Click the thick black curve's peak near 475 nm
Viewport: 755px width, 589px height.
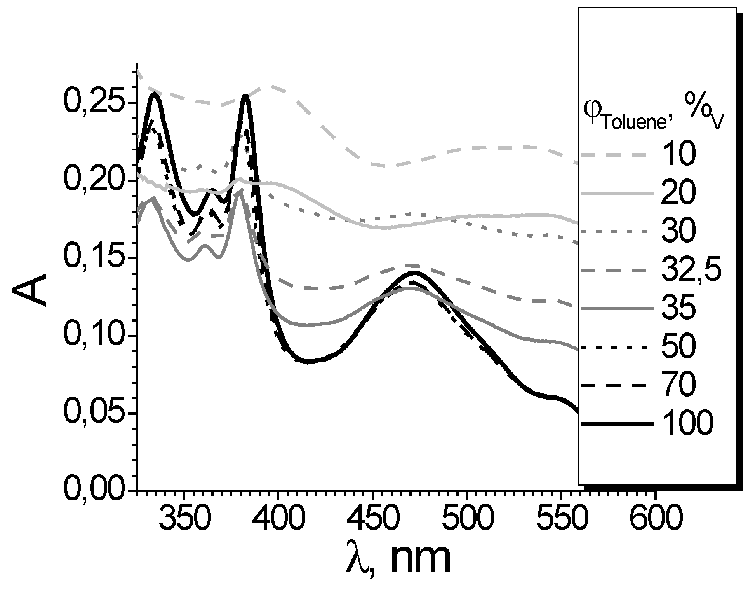(x=416, y=272)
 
